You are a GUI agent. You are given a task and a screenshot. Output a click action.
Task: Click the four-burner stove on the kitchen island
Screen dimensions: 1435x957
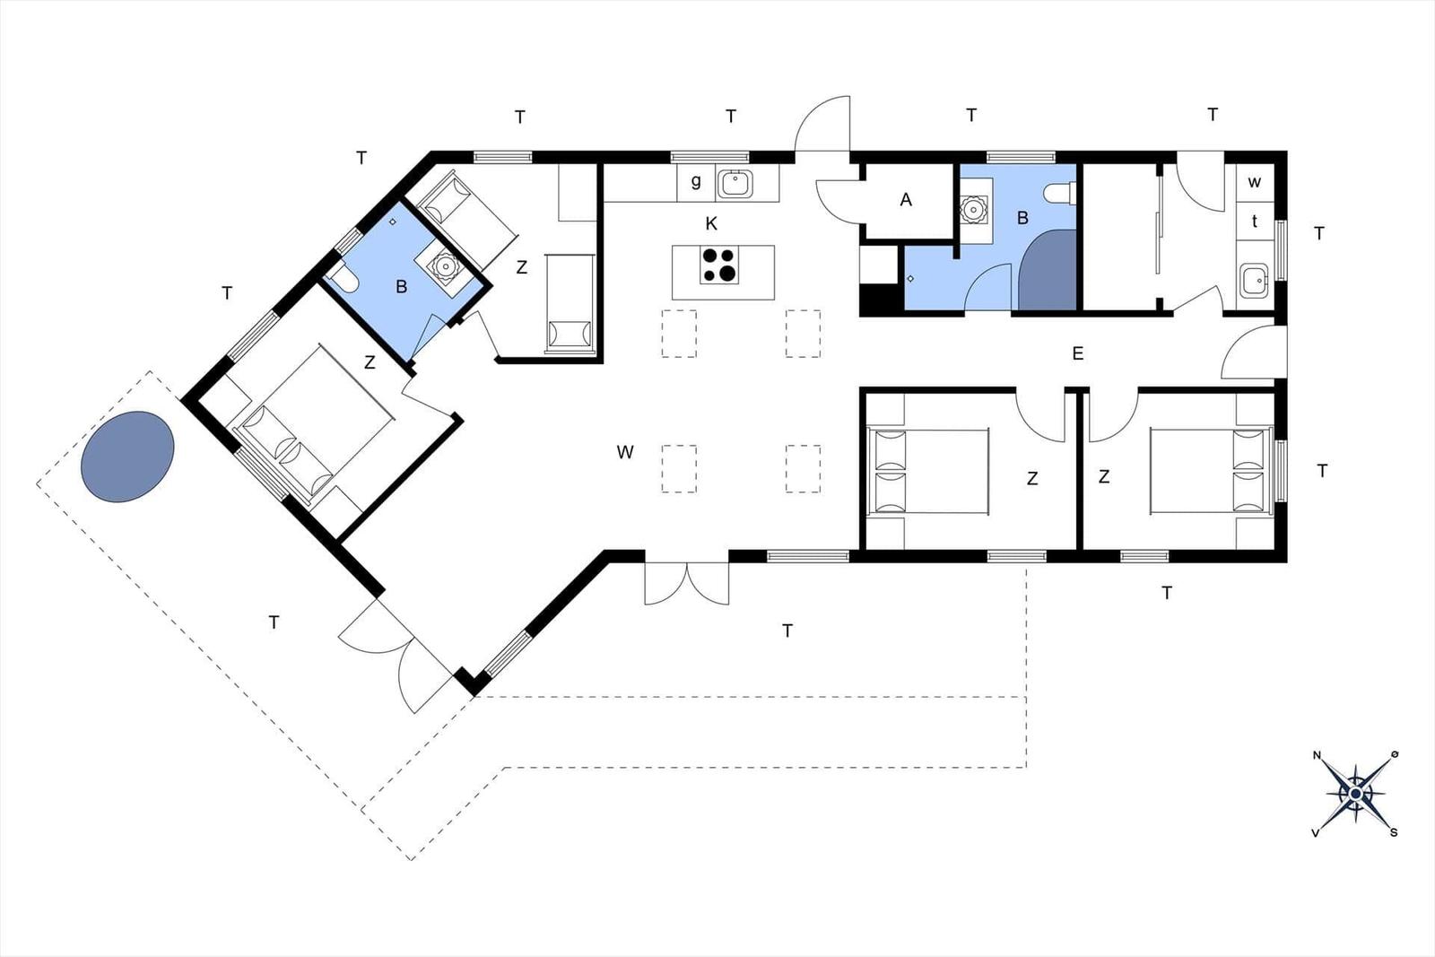click(718, 265)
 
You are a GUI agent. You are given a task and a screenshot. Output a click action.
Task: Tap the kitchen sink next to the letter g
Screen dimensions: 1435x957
click(735, 185)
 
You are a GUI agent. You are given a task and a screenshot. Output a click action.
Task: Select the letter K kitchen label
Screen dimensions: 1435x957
click(711, 223)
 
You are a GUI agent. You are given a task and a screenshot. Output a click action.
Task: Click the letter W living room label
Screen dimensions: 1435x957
click(625, 452)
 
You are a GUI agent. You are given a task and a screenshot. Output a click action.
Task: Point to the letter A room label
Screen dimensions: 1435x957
click(906, 201)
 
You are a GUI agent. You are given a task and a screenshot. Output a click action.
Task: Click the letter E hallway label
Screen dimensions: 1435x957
click(1077, 353)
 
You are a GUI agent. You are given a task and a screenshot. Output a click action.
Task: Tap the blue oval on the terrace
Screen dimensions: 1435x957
click(127, 457)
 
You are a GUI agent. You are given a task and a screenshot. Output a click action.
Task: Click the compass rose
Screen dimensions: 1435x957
click(1355, 795)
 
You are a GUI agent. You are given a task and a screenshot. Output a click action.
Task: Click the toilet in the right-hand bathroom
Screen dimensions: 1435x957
click(1059, 193)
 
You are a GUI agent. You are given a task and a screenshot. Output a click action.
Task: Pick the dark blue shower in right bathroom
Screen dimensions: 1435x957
click(1048, 270)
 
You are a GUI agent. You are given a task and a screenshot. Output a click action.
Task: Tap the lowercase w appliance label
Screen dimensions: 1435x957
click(1255, 182)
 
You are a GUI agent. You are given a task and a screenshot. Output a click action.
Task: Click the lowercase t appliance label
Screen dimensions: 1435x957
click(1255, 222)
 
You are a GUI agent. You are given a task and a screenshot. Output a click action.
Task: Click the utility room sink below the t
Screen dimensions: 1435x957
click(1254, 281)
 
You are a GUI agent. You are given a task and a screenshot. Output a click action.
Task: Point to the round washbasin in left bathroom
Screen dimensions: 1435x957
click(443, 264)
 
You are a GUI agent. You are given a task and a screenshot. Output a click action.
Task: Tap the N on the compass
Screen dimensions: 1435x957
click(1318, 755)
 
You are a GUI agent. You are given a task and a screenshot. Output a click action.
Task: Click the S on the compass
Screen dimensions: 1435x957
click(1394, 832)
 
